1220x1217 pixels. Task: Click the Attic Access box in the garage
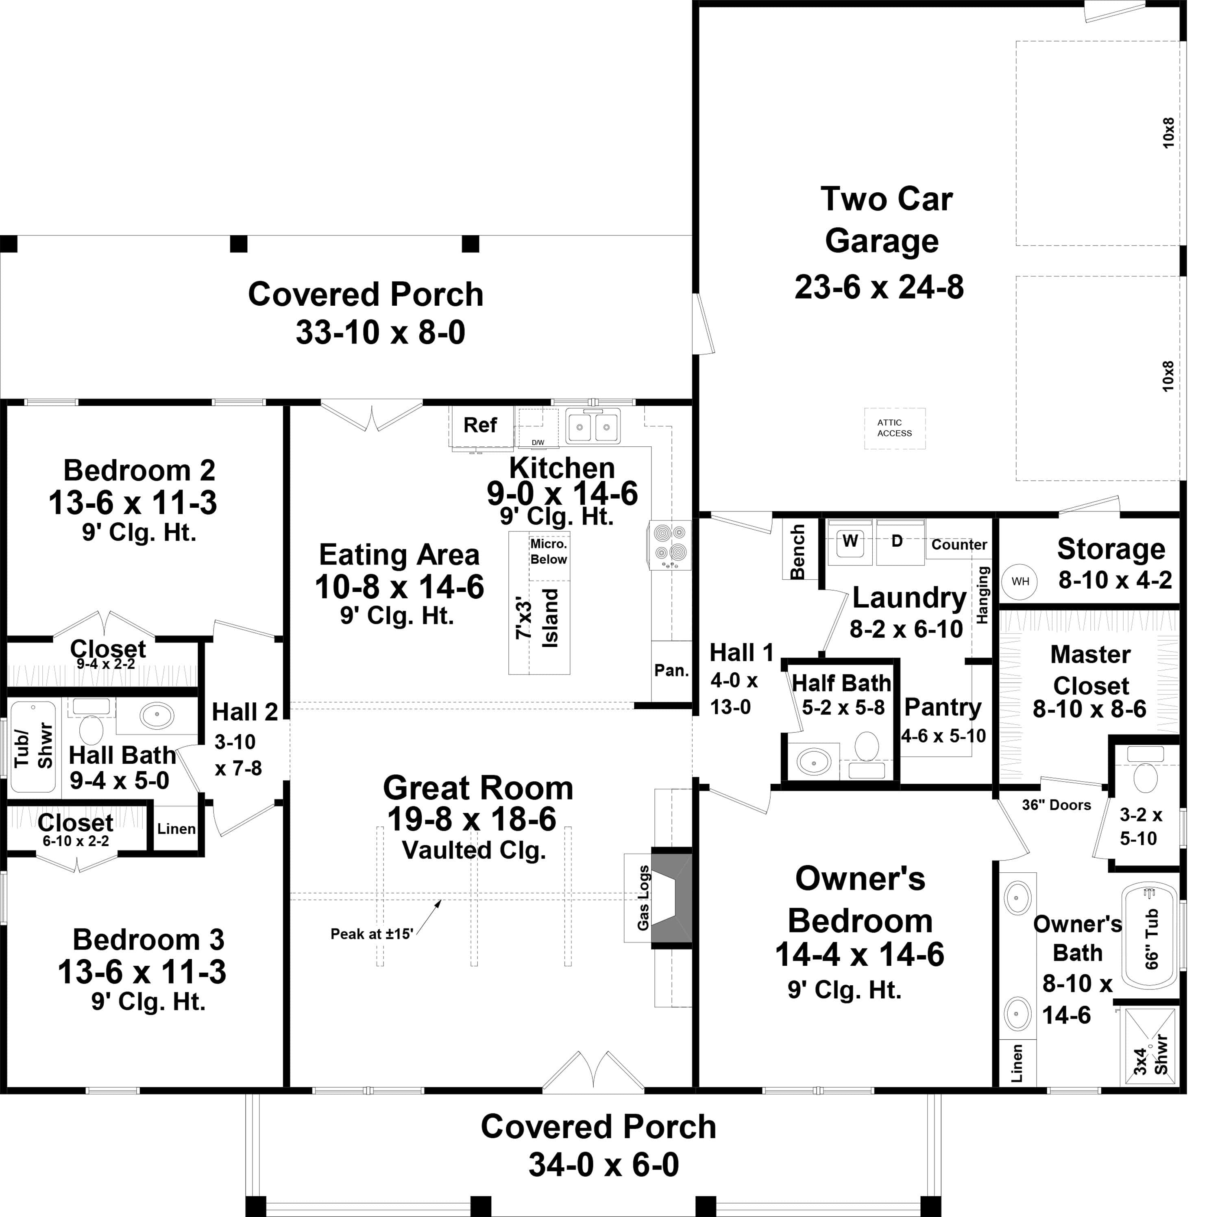pyautogui.click(x=894, y=428)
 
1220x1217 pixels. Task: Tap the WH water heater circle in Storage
pyautogui.click(x=1020, y=581)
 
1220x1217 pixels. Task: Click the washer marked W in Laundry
pyautogui.click(x=850, y=541)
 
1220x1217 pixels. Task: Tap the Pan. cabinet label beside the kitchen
pyautogui.click(x=671, y=670)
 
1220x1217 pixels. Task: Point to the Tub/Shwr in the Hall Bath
pyautogui.click(x=33, y=746)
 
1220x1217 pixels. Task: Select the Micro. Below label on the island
pyautogui.click(x=548, y=552)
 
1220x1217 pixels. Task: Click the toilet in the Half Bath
pyautogui.click(x=866, y=746)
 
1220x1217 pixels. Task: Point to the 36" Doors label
pyautogui.click(x=1056, y=805)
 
